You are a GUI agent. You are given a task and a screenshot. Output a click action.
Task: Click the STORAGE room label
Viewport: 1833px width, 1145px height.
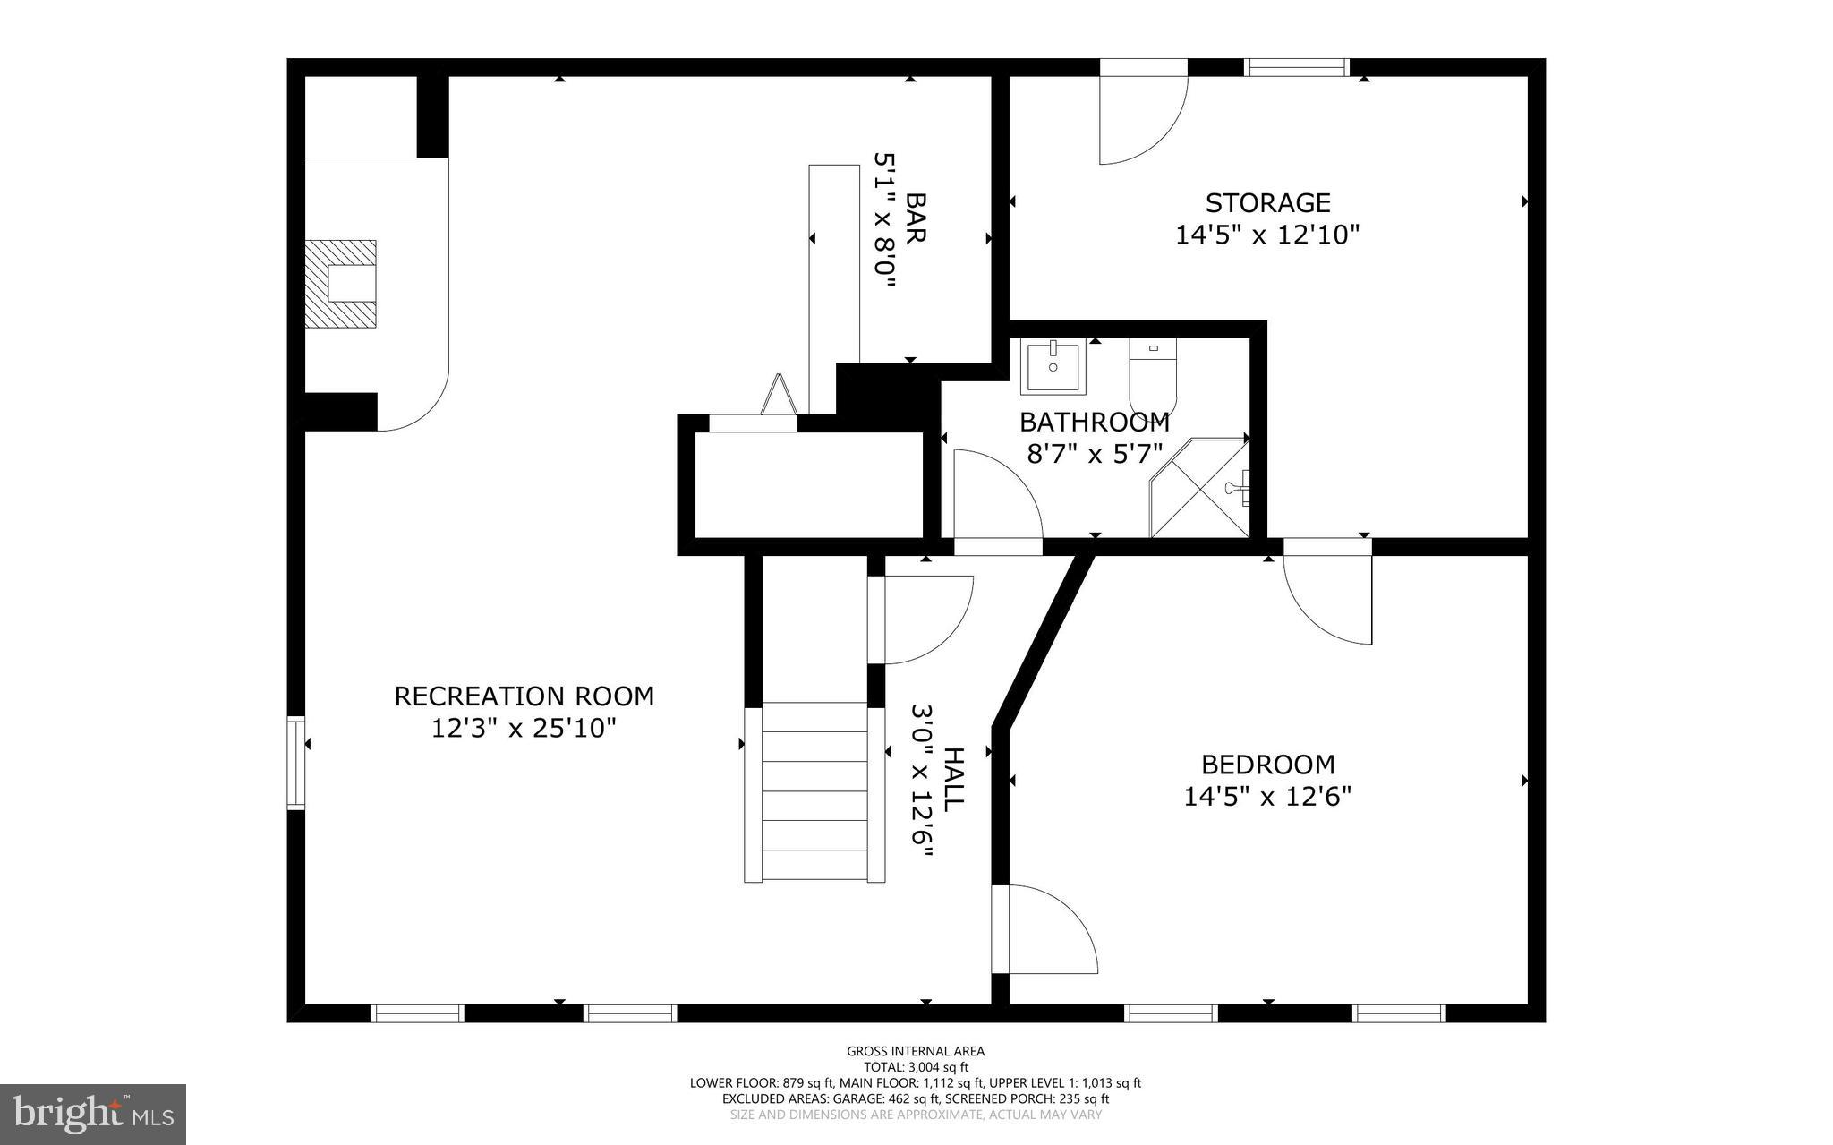(1267, 203)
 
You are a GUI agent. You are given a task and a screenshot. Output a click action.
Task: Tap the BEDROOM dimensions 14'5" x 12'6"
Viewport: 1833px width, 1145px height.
(1267, 796)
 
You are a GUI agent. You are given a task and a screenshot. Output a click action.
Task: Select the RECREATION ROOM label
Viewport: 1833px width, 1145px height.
(524, 696)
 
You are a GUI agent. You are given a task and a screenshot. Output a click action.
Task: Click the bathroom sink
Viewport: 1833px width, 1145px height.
(1053, 366)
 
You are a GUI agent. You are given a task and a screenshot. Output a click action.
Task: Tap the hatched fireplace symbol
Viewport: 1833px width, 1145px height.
(340, 284)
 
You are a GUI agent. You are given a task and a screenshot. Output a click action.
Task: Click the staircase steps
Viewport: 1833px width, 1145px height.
(814, 792)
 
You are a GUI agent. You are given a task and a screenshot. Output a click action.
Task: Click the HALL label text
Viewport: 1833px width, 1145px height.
(953, 780)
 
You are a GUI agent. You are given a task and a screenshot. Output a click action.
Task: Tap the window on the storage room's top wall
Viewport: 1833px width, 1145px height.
(1296, 67)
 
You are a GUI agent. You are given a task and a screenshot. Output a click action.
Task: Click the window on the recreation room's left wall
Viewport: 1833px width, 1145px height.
(295, 763)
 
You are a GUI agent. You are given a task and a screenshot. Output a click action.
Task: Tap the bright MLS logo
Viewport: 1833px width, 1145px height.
(93, 1114)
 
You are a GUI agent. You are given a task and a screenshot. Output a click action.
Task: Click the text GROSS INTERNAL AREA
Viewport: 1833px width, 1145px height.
(916, 1051)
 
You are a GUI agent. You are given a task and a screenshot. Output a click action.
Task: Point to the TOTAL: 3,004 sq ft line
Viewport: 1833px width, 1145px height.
(916, 1067)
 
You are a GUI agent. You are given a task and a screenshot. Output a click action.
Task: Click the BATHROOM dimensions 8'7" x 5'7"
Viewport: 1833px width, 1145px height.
(1094, 454)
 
